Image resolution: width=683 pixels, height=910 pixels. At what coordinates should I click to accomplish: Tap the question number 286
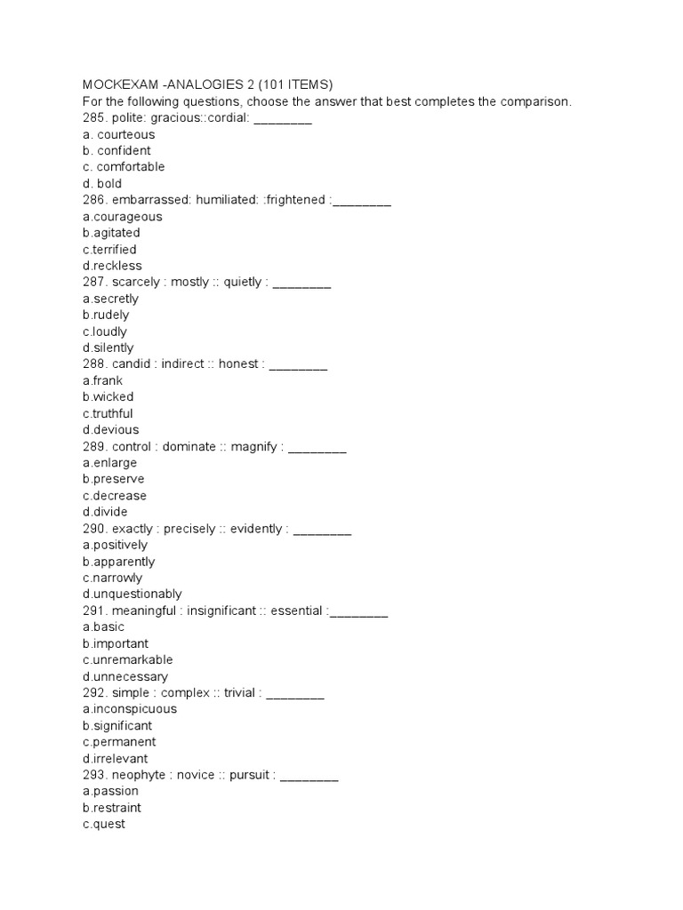tap(93, 201)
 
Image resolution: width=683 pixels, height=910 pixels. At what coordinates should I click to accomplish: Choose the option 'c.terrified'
tap(109, 250)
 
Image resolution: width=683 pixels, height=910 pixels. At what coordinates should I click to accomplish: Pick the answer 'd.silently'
tap(108, 348)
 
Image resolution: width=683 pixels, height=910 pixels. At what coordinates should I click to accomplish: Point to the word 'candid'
tap(133, 364)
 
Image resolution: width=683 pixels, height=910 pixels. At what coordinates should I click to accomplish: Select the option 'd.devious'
tap(110, 430)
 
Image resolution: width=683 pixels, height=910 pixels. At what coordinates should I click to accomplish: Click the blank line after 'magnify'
tap(317, 447)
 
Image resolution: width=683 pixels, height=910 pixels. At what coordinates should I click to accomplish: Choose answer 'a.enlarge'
tap(109, 463)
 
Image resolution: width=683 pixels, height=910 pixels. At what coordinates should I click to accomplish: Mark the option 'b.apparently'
tap(118, 562)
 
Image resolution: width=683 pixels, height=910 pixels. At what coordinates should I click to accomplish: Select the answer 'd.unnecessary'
tap(125, 677)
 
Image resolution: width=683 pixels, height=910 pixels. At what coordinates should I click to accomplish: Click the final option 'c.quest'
tap(103, 825)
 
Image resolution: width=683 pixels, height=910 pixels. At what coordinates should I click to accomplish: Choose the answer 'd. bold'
tap(102, 184)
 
